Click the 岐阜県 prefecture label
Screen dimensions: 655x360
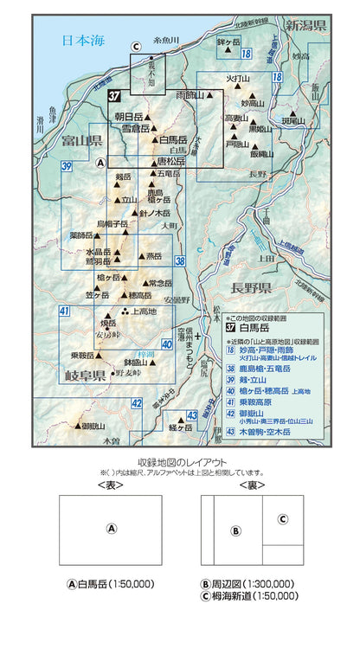(x=85, y=376)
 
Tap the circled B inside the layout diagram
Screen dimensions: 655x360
(x=235, y=530)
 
